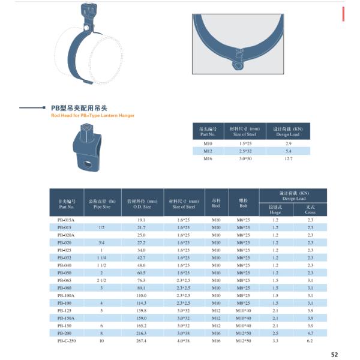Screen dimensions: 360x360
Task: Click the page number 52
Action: tap(335, 355)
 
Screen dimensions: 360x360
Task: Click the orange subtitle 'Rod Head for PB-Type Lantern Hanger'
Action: tap(92, 115)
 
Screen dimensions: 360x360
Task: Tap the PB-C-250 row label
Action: tap(67, 340)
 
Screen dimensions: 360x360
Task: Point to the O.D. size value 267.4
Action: tap(142, 340)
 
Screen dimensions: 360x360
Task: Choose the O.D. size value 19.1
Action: tap(142, 220)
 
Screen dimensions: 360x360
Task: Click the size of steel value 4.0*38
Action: tap(184, 340)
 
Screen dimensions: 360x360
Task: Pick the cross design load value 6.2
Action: tap(310, 340)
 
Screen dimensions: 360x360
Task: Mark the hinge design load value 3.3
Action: tap(275, 340)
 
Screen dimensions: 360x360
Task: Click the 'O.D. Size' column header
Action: tap(142, 206)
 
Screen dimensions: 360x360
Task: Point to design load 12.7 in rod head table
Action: tap(288, 158)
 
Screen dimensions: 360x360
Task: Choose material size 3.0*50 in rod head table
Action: tap(244, 158)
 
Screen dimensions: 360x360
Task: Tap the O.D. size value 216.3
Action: tap(142, 332)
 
